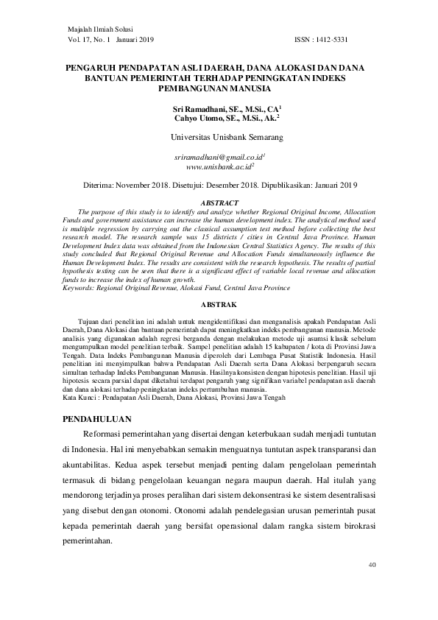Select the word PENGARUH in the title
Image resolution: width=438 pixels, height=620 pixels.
(x=91, y=66)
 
